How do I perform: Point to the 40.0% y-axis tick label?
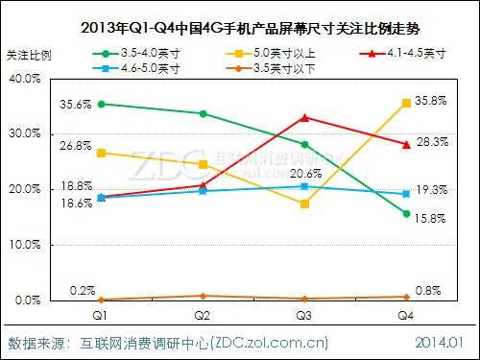(x=21, y=78)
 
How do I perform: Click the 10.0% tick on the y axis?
(x=21, y=245)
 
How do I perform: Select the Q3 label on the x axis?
(x=304, y=315)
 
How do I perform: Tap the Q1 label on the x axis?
(x=100, y=315)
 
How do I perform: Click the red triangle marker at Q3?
(x=304, y=117)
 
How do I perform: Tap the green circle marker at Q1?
(x=100, y=104)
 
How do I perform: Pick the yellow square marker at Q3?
(x=304, y=204)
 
